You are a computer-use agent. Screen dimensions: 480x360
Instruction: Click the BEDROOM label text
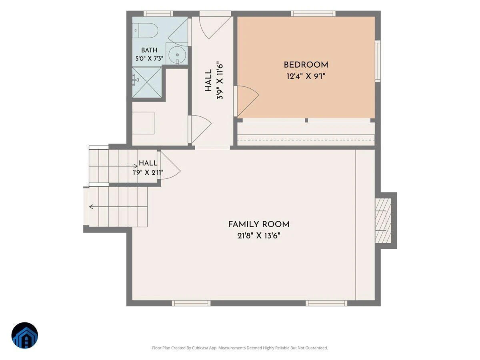(x=306, y=65)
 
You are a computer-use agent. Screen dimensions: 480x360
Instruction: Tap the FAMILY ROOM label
(x=259, y=224)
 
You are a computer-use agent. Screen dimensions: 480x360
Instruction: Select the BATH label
(x=149, y=50)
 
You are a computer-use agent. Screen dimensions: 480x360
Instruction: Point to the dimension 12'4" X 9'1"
(x=306, y=76)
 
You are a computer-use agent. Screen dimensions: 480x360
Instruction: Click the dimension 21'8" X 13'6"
(x=259, y=236)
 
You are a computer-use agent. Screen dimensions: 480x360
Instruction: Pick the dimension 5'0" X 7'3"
(x=149, y=58)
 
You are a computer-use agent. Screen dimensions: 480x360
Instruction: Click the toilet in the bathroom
(x=145, y=31)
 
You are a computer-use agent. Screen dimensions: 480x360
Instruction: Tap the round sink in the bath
(x=177, y=55)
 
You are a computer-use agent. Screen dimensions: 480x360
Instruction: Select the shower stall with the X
(x=147, y=82)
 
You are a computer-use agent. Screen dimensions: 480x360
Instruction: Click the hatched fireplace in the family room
(x=383, y=220)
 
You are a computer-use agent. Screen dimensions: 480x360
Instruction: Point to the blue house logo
(x=25, y=335)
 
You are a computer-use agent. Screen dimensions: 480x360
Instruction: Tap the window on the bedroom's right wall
(x=378, y=61)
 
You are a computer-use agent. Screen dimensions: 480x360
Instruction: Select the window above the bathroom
(x=158, y=14)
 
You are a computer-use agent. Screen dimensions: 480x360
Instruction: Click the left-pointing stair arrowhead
(x=92, y=206)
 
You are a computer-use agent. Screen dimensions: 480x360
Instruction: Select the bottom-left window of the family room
(x=191, y=303)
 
